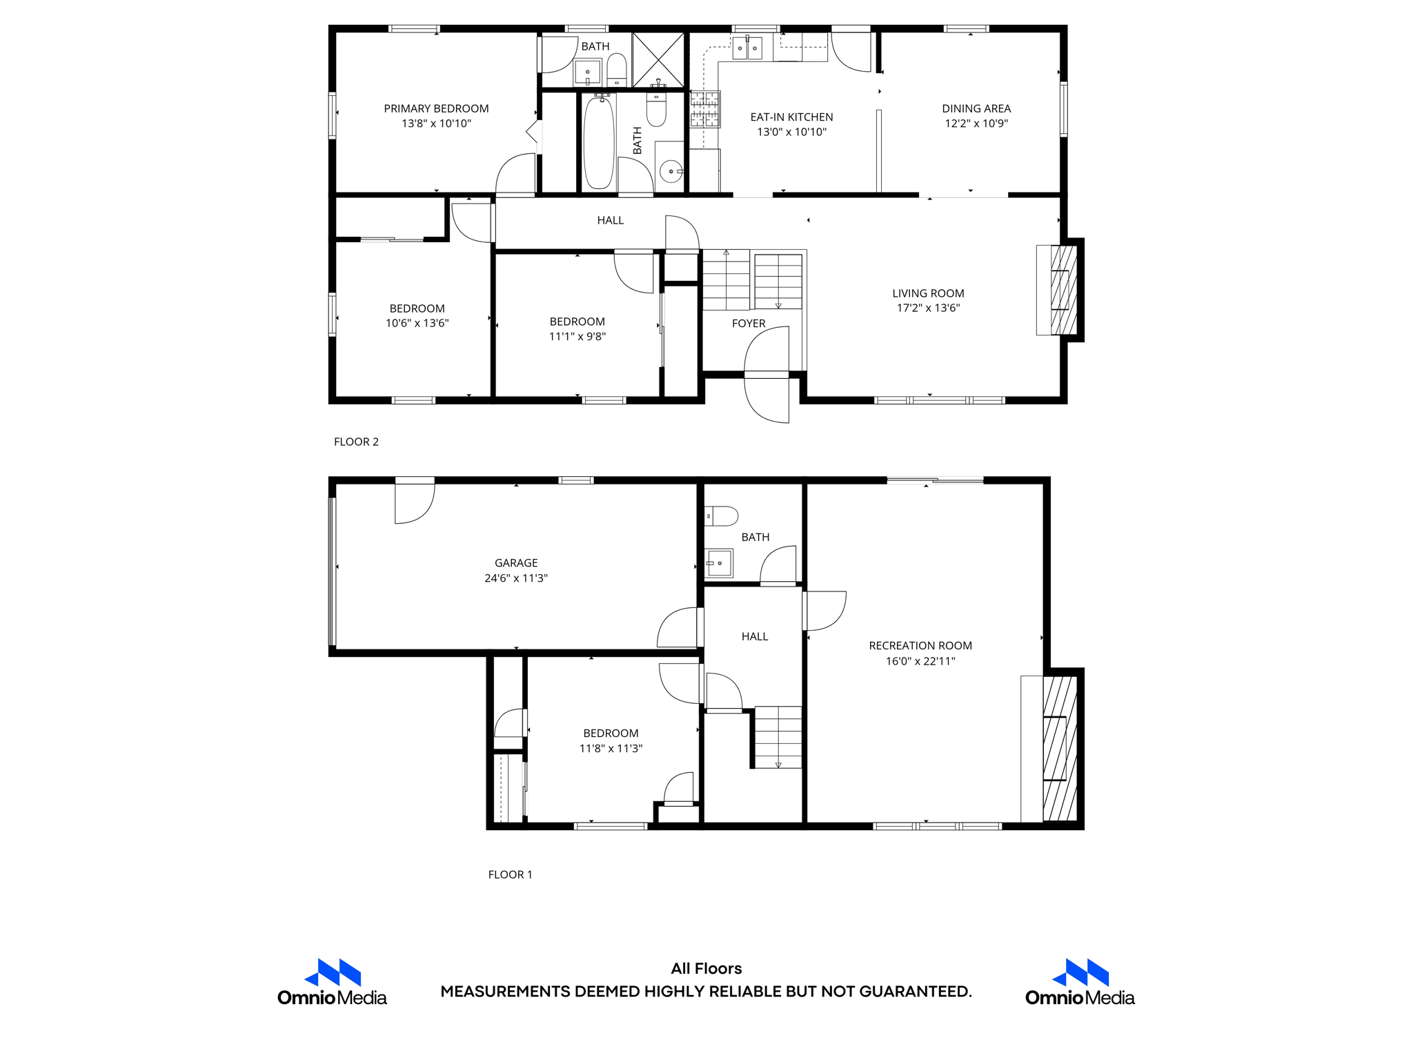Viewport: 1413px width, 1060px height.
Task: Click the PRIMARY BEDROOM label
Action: point(436,108)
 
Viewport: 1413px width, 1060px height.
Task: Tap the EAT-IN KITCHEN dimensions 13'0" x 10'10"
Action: point(791,132)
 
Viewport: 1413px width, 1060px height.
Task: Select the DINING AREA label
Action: point(976,108)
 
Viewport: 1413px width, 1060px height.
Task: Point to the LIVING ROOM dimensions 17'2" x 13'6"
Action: point(928,308)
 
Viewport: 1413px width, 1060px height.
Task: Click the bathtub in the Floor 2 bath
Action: point(599,143)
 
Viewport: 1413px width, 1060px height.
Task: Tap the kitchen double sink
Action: point(747,48)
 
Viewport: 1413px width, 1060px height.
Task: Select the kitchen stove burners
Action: point(704,109)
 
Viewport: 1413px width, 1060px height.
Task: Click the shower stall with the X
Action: point(658,59)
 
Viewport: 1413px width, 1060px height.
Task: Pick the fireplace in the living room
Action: point(1063,290)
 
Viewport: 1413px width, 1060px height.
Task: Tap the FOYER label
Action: point(749,323)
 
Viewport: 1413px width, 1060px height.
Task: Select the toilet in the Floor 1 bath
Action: point(721,516)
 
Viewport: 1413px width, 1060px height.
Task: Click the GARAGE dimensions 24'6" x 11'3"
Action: point(515,578)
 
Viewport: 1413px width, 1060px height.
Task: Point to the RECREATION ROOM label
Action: point(920,646)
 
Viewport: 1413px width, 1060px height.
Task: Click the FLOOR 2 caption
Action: point(356,442)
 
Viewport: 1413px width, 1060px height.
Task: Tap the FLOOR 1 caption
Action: point(510,874)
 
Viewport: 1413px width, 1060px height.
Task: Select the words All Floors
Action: point(706,968)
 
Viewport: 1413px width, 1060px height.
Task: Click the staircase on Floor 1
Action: point(778,737)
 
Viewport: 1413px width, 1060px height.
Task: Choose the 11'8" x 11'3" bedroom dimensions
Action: point(611,748)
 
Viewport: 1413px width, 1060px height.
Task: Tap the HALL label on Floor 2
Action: point(610,220)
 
